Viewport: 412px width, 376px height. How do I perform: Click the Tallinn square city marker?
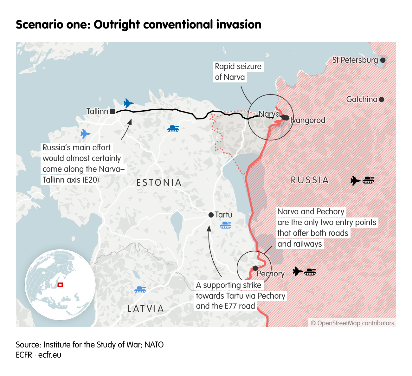[112, 111]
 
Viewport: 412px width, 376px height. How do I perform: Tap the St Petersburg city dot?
[383, 60]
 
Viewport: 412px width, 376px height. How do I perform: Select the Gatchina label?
[362, 99]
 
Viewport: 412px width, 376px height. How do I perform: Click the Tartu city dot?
[211, 215]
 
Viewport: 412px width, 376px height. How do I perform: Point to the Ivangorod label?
[308, 120]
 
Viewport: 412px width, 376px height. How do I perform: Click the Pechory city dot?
[255, 268]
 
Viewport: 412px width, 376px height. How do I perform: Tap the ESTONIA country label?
[159, 183]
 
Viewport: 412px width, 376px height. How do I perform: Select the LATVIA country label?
[146, 308]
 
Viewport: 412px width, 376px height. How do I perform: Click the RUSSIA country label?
[310, 180]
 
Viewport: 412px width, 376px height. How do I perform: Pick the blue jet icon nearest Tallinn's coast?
[128, 103]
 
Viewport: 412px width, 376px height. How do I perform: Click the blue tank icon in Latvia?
[140, 289]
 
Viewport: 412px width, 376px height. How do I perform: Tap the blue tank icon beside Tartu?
[226, 225]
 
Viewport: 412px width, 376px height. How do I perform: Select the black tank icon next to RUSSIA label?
[368, 180]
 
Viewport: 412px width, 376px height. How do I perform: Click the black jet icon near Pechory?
[297, 271]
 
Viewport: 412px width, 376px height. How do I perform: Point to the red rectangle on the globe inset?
[60, 285]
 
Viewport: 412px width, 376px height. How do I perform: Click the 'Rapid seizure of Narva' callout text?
[238, 72]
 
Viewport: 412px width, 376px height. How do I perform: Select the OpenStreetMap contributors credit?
[352, 323]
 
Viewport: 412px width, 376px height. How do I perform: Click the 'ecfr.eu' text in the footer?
[50, 355]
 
